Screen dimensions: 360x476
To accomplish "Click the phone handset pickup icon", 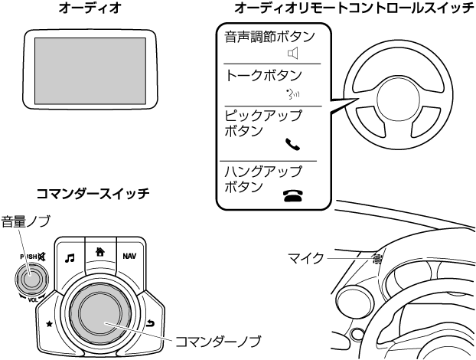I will coord(291,143).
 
